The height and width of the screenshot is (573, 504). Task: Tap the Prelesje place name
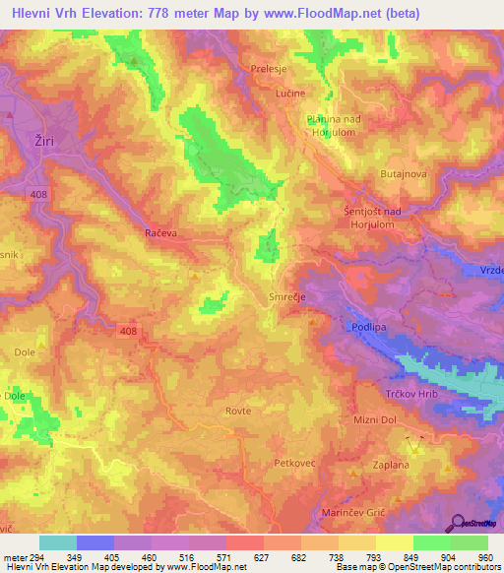(x=269, y=69)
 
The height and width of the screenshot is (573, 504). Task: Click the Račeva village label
(x=159, y=234)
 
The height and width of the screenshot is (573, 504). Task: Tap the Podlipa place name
(x=368, y=325)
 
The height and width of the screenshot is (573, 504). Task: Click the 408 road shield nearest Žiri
(x=39, y=194)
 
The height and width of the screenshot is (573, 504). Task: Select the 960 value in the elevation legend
(x=484, y=556)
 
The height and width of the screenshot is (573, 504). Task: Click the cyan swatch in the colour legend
(x=57, y=542)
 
